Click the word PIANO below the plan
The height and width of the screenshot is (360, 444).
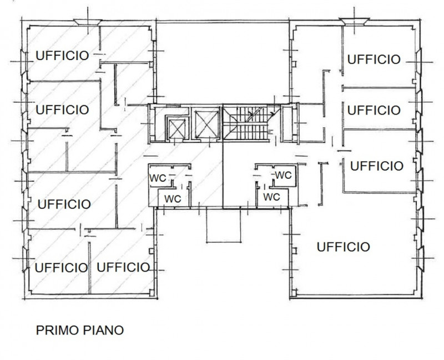[103, 330]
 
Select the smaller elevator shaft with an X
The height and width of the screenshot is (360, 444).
[176, 128]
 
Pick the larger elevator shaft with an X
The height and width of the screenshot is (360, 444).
[206, 124]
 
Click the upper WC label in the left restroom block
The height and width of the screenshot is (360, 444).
[158, 178]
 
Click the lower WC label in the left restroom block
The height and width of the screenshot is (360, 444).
[173, 199]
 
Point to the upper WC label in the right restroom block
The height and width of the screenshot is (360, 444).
[283, 175]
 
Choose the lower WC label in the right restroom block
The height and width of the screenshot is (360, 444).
[271, 197]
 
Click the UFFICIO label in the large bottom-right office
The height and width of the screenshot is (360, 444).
[343, 247]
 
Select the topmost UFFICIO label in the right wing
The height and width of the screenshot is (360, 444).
[374, 59]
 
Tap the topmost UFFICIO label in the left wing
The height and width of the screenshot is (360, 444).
[62, 56]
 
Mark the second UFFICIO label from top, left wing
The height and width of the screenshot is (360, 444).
[62, 109]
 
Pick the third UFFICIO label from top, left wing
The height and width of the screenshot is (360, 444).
[64, 204]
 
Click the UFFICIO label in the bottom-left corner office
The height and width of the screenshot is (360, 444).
[61, 268]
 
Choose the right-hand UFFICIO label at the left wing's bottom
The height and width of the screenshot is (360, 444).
[123, 267]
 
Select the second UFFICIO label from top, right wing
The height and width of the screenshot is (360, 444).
[374, 110]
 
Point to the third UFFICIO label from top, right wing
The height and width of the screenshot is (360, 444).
[377, 166]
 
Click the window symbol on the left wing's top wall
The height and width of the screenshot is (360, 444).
[88, 22]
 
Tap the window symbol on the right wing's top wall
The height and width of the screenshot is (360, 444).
[354, 21]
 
